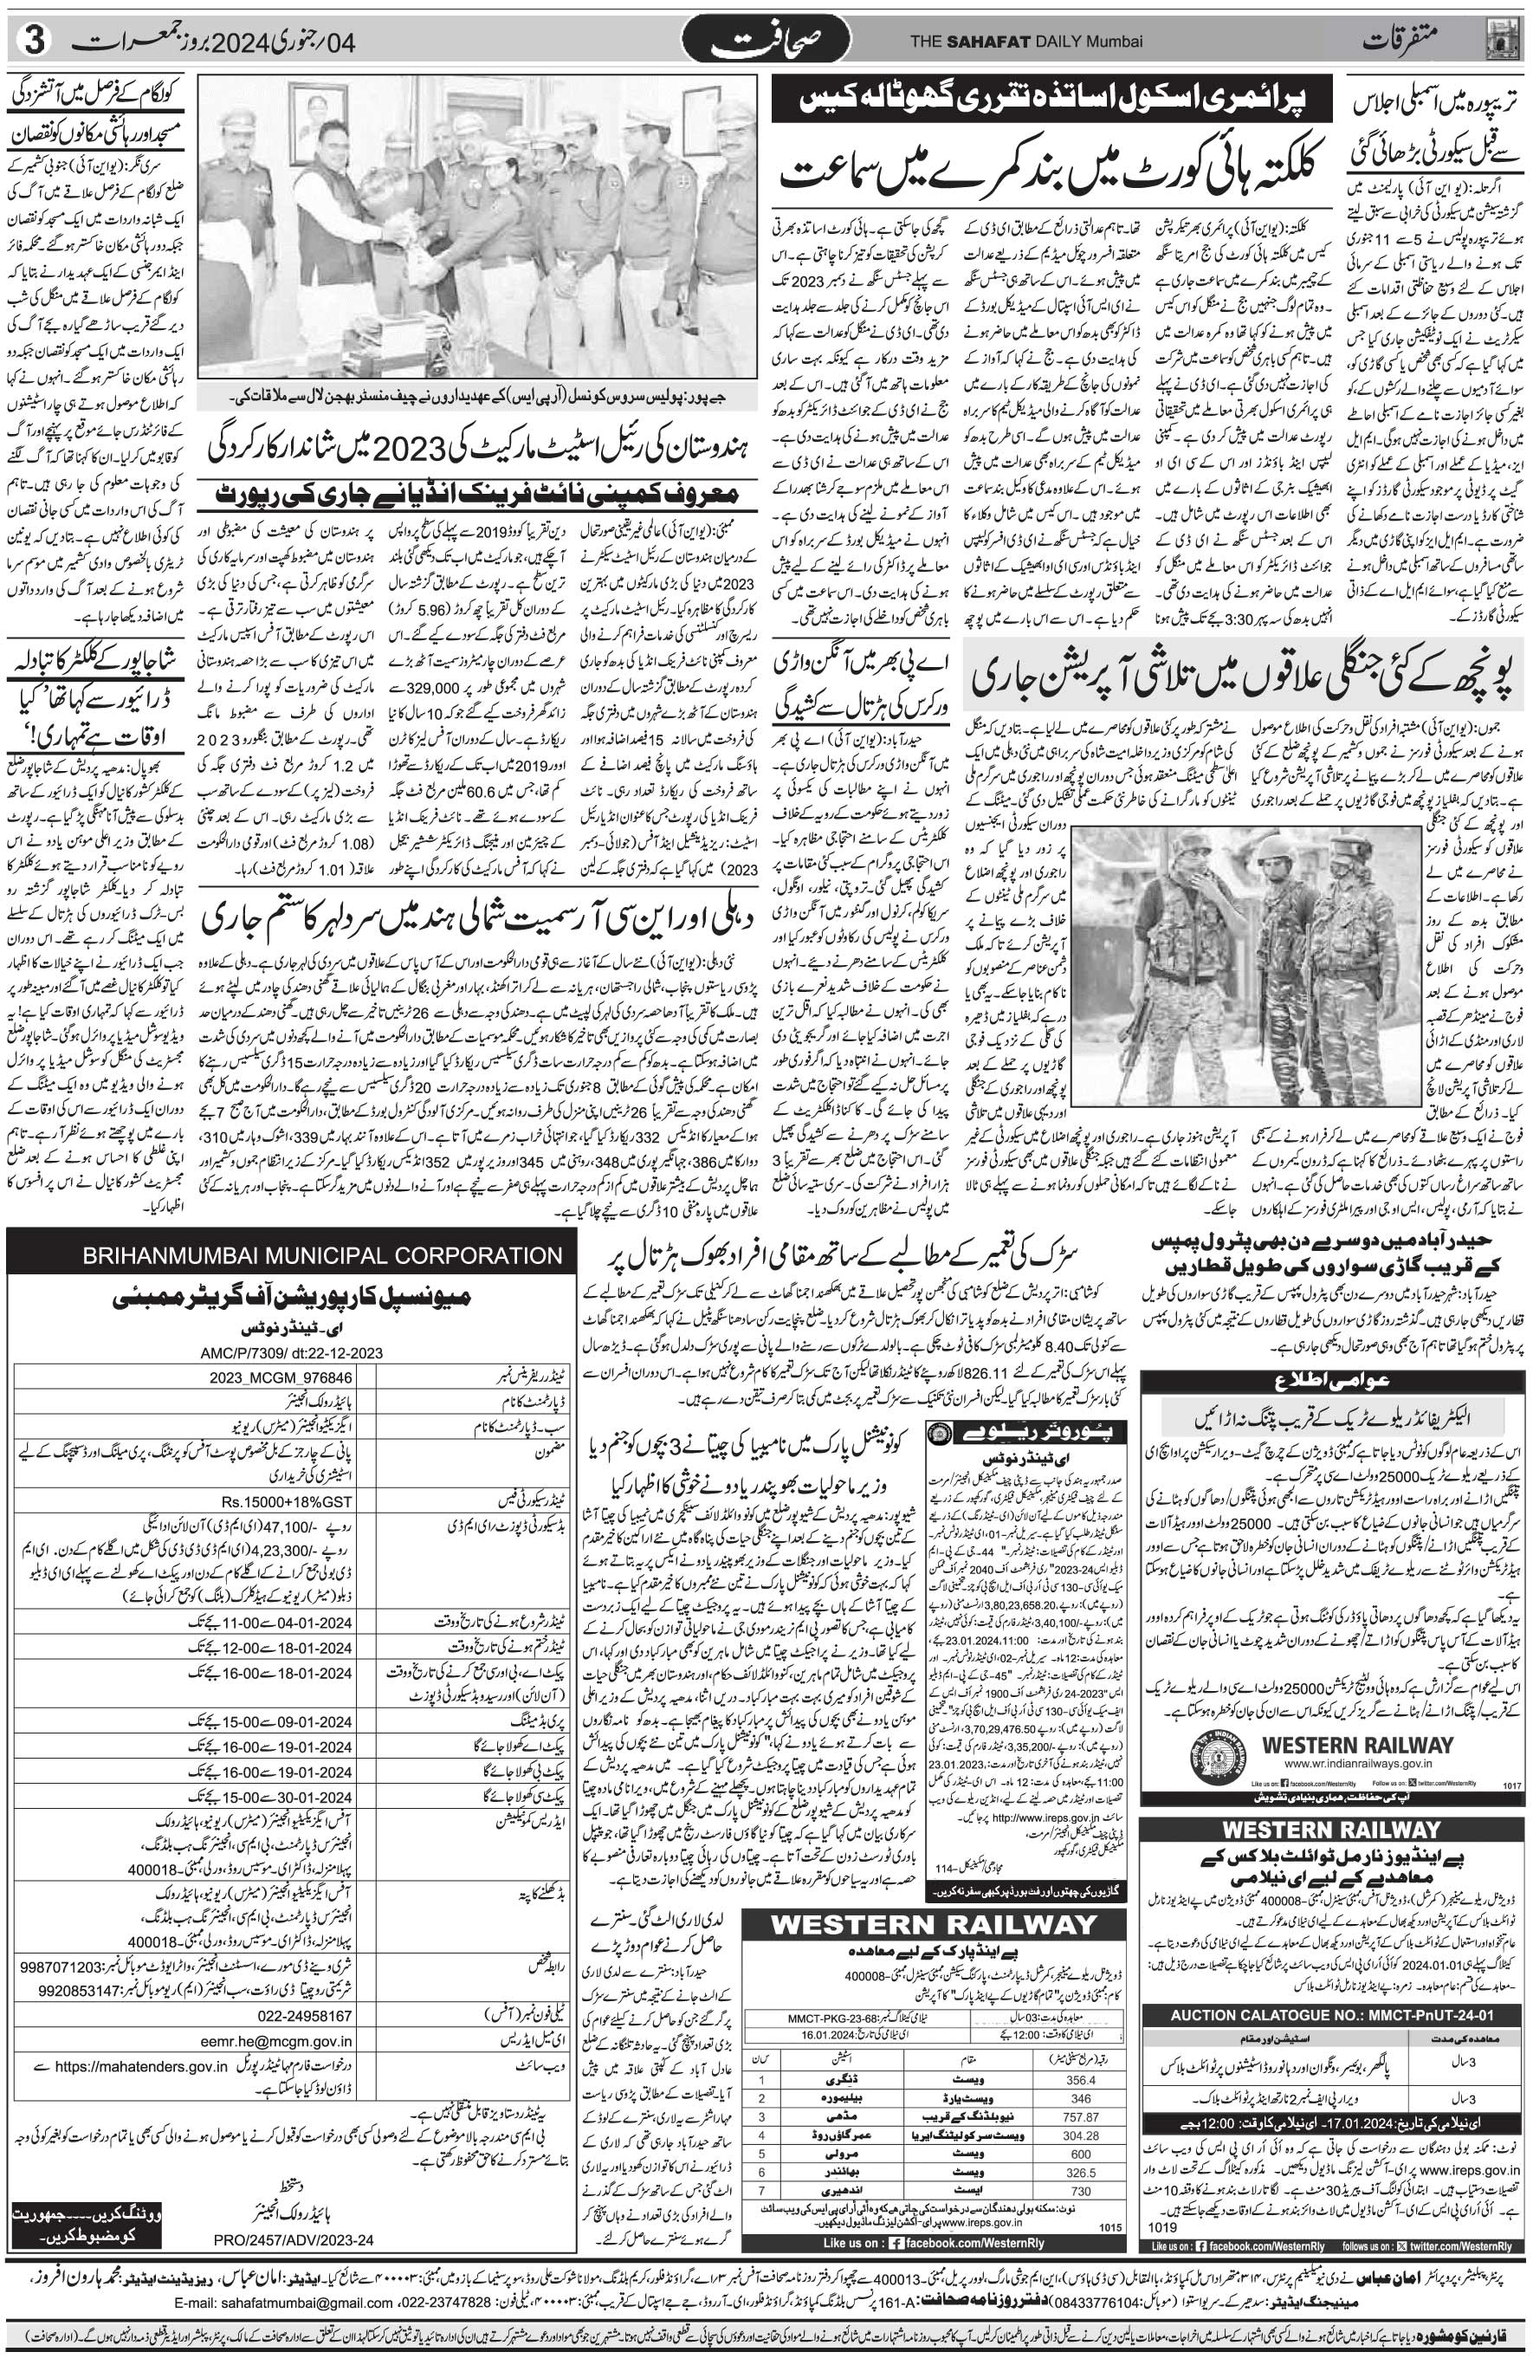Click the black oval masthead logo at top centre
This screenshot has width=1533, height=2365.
pos(766,41)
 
